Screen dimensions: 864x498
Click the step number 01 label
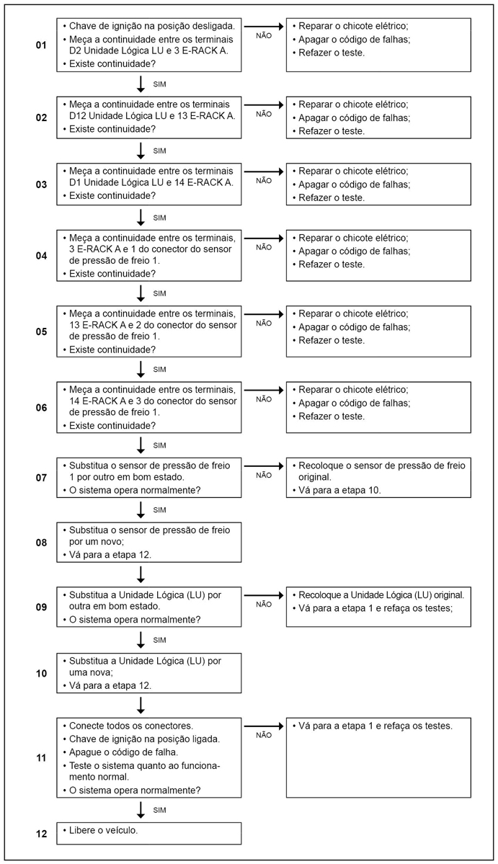(41, 45)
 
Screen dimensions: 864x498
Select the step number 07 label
(41, 477)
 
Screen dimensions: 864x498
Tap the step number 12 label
(41, 834)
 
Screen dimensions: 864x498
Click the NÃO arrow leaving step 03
(264, 172)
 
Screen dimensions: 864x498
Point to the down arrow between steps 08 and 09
(141, 574)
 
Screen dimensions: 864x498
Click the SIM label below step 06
(160, 445)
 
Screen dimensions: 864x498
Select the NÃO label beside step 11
(264, 734)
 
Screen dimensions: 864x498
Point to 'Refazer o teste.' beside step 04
(332, 264)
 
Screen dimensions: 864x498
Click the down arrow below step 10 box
(141, 704)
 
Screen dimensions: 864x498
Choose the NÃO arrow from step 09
(264, 595)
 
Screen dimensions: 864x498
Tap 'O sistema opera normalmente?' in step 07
(134, 491)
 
